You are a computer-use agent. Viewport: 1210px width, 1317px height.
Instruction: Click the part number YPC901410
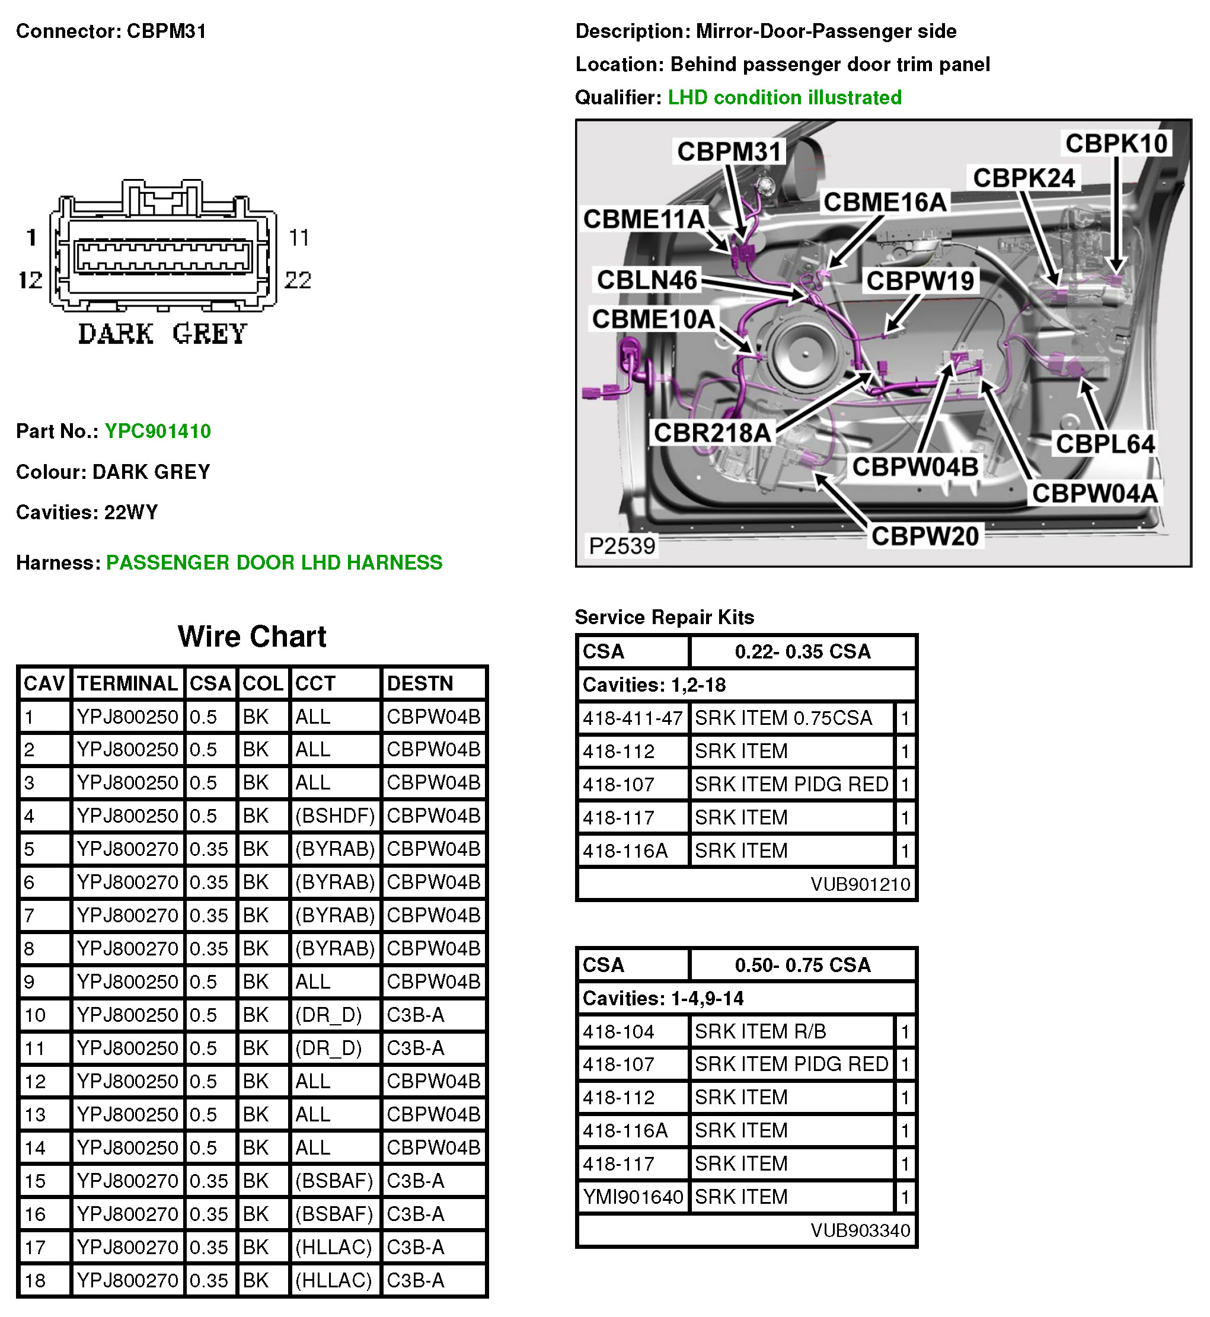[158, 431]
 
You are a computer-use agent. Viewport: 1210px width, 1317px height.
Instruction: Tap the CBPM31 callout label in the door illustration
[729, 152]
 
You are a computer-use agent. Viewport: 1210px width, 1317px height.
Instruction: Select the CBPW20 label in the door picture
[924, 536]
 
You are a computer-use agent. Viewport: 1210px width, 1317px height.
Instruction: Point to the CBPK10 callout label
[1116, 144]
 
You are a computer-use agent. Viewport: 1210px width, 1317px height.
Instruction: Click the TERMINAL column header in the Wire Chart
[127, 683]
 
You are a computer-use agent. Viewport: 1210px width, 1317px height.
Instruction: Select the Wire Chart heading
[252, 636]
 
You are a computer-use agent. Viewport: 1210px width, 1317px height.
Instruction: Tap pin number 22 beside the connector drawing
[298, 280]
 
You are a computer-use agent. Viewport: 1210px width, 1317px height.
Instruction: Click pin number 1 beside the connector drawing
[31, 238]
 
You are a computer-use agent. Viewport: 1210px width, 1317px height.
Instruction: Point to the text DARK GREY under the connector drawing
[162, 334]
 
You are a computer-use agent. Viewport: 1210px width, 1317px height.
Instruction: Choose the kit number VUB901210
[860, 884]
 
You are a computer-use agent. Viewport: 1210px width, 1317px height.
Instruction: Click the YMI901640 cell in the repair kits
[633, 1197]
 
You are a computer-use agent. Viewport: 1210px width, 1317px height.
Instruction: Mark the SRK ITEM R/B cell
[760, 1031]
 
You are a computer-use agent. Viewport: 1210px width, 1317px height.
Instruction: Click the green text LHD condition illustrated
[784, 98]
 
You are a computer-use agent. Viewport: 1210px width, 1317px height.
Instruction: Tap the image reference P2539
[621, 546]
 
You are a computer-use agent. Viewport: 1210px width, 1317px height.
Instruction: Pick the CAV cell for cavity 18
[36, 1280]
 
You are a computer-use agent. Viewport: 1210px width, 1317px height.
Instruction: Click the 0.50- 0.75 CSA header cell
[803, 965]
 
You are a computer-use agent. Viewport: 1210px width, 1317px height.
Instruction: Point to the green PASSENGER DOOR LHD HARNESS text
[274, 562]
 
